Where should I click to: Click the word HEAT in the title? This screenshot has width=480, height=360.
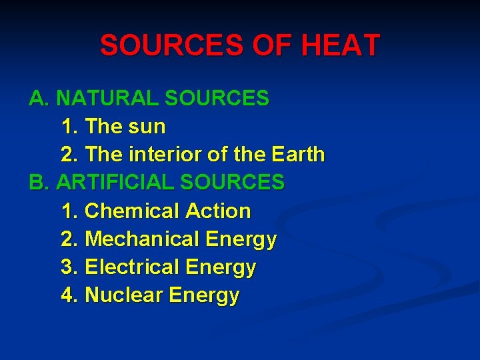click(341, 46)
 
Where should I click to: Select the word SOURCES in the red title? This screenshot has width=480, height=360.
click(172, 46)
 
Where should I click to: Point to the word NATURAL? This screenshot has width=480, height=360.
click(107, 99)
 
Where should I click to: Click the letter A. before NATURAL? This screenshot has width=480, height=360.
click(39, 99)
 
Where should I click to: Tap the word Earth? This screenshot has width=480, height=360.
click(298, 155)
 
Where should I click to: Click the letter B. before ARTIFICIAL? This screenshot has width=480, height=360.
click(39, 183)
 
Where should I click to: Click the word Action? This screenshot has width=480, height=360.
click(218, 211)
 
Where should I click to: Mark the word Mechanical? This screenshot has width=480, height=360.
click(143, 239)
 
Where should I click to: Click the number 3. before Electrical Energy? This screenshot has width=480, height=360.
click(69, 267)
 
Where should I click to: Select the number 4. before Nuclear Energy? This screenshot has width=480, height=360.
click(69, 295)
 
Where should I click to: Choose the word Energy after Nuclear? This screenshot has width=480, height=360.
click(204, 296)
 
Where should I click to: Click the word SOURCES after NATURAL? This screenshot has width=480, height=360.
click(217, 99)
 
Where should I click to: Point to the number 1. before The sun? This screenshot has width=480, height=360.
click(69, 127)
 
